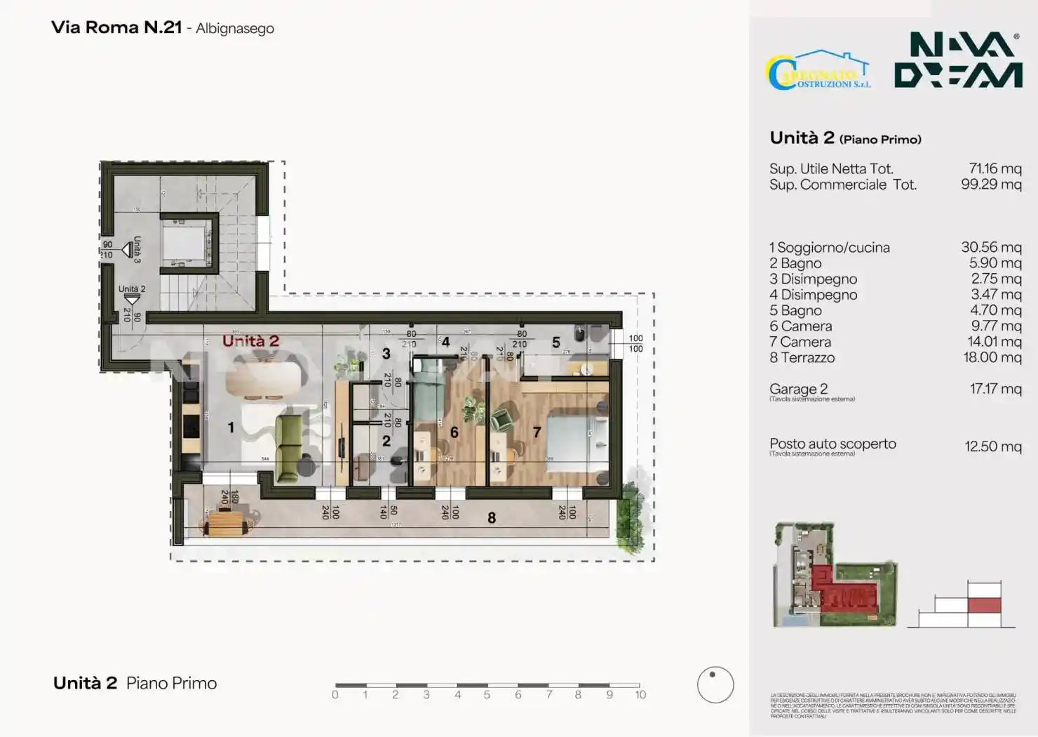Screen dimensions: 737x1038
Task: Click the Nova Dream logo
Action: pyautogui.click(x=957, y=60)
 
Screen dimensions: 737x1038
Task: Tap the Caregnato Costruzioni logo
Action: pyautogui.click(x=818, y=71)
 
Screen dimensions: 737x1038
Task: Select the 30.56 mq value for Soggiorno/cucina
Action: pyautogui.click(x=990, y=247)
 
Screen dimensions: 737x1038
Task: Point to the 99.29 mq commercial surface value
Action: pyautogui.click(x=990, y=185)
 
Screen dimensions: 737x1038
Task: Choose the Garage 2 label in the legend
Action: pyautogui.click(x=798, y=389)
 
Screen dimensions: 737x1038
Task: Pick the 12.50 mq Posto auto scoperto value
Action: pyautogui.click(x=992, y=446)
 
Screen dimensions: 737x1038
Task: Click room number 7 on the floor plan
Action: pyautogui.click(x=537, y=432)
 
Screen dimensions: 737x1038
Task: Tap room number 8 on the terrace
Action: pyautogui.click(x=492, y=518)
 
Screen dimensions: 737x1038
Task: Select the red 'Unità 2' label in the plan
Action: pyautogui.click(x=250, y=341)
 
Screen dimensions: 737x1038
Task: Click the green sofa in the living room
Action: pyautogui.click(x=289, y=448)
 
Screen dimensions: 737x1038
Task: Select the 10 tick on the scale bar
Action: pyautogui.click(x=640, y=694)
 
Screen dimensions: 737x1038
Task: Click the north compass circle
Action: pyautogui.click(x=715, y=684)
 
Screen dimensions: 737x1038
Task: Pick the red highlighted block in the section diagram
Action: pyautogui.click(x=983, y=606)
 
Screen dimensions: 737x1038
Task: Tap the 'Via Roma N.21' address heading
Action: pyautogui.click(x=116, y=27)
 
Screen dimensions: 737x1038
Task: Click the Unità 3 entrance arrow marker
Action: pyautogui.click(x=128, y=249)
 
